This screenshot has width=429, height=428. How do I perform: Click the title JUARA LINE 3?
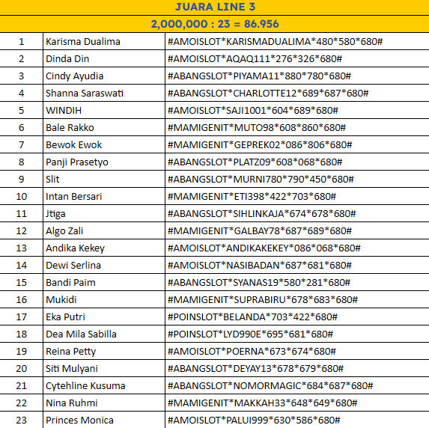pos(214,7)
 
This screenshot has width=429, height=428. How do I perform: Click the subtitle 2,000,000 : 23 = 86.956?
pos(214,24)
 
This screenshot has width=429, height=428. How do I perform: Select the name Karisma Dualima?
pos(82,42)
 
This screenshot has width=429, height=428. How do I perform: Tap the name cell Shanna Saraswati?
pos(85,94)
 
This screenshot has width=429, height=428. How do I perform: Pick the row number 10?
pos(22,197)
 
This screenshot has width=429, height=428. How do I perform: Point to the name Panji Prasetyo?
pos(76,162)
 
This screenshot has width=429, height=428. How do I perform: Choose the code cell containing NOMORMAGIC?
pos(270,386)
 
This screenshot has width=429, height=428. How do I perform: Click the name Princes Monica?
pos(79,421)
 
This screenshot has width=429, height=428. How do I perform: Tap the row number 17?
pos(22,317)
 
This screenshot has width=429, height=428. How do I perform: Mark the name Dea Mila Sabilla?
pos(81,334)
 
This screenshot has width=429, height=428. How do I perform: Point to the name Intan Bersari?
pos(74,197)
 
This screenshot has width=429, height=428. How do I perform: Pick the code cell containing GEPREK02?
pos(261,145)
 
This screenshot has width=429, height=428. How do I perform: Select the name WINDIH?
pos(64,111)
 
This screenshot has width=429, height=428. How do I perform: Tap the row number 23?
pos(22,421)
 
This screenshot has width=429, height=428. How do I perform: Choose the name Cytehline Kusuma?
pos(85,386)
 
